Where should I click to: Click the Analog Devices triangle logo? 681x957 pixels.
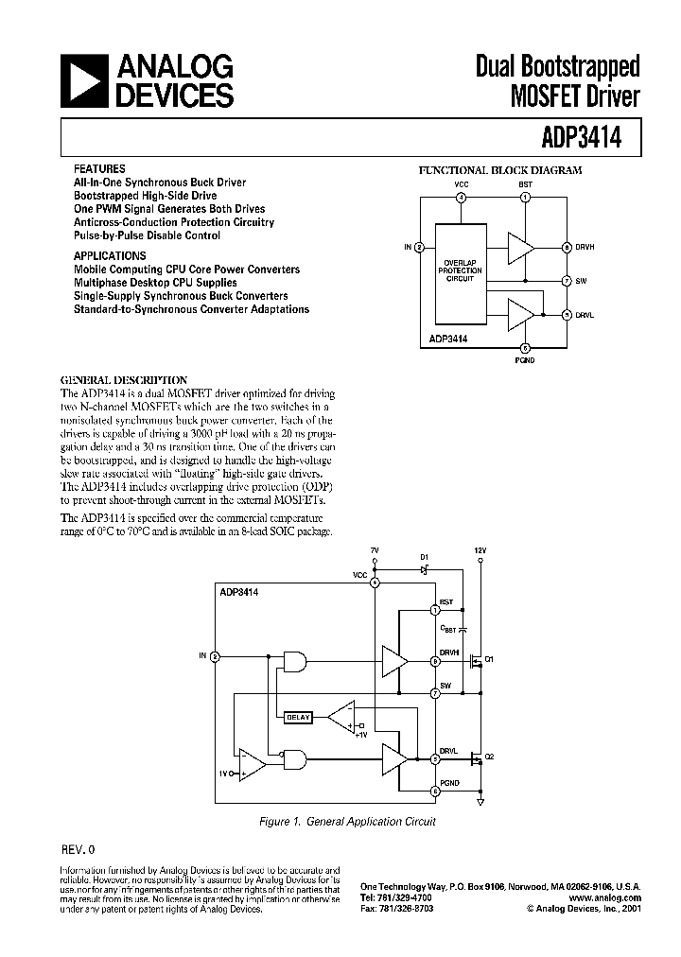85,81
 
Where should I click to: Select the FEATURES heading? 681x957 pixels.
98,169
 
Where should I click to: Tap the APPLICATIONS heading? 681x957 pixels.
110,255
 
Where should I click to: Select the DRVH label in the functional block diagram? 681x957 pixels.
585,247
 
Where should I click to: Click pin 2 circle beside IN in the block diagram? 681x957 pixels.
419,247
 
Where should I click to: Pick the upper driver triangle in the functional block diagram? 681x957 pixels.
519,247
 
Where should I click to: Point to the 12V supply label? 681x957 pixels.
480,549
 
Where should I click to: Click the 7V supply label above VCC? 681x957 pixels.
375,549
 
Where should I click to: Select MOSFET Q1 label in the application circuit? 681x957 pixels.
489,659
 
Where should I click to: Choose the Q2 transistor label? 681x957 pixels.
489,757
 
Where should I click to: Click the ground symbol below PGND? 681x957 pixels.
480,803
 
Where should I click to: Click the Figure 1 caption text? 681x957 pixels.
346,823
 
